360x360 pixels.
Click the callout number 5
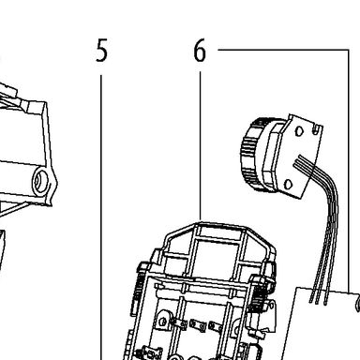point(101,51)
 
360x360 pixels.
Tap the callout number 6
point(200,51)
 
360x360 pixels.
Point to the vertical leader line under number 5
point(101,217)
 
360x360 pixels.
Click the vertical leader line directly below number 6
point(200,146)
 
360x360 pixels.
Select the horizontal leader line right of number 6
point(283,50)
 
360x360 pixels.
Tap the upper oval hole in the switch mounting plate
point(299,131)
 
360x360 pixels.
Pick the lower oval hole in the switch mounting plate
point(289,185)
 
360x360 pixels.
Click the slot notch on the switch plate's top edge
point(317,128)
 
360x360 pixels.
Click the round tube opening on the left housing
point(40,181)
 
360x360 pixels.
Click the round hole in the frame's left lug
point(162,322)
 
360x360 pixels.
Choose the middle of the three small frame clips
point(198,325)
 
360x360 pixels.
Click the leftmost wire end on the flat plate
point(310,301)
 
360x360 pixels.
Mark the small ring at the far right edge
point(358,303)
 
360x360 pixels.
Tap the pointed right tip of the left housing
point(56,183)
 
